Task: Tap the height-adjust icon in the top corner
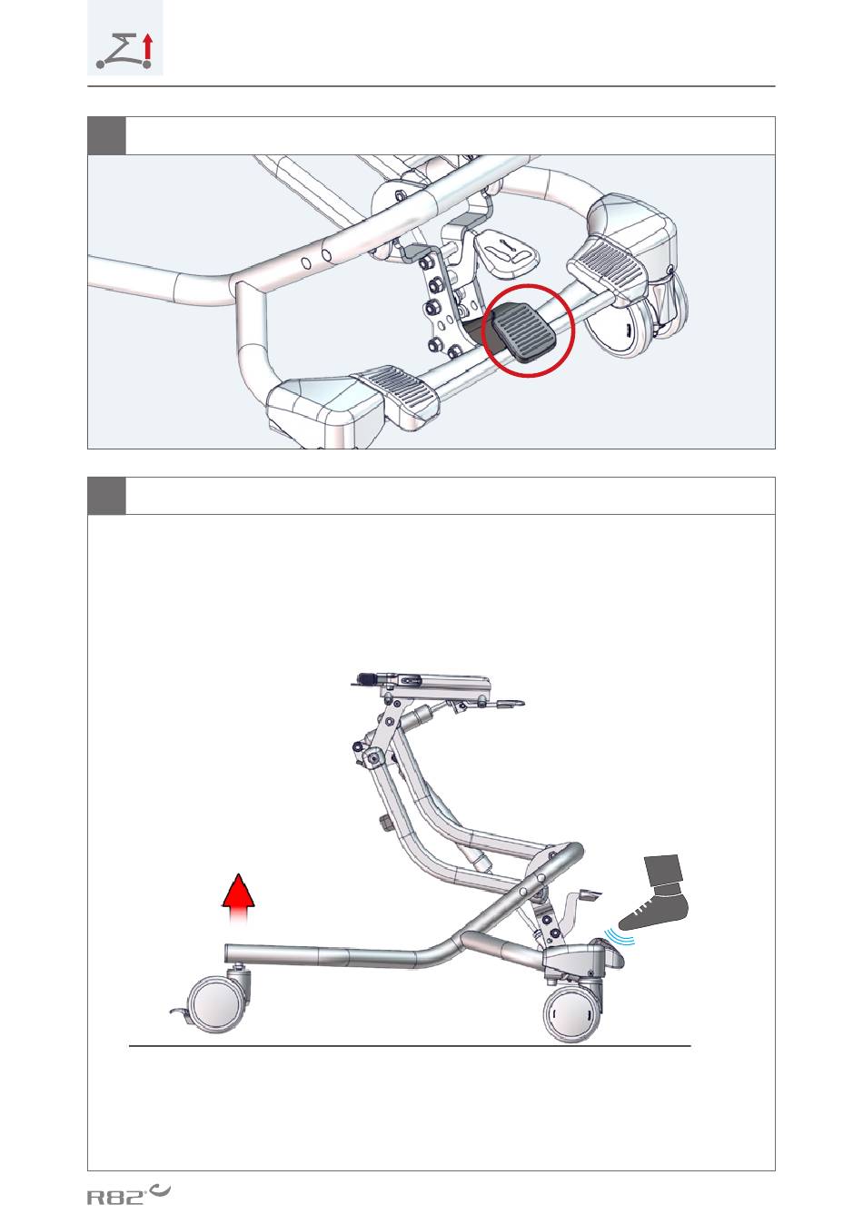pyautogui.click(x=125, y=38)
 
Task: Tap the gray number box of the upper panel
pyautogui.click(x=106, y=135)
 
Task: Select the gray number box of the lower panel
pyautogui.click(x=106, y=496)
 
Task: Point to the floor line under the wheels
pyautogui.click(x=410, y=1046)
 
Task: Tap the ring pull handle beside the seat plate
pyautogui.click(x=511, y=704)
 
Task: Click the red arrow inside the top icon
pyautogui.click(x=147, y=45)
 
